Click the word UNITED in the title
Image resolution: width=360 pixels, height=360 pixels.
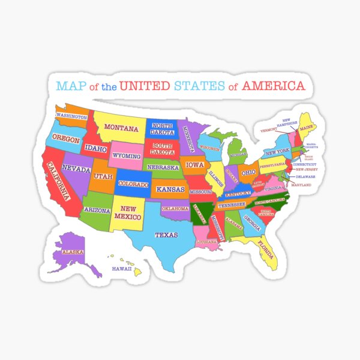tap(145, 86)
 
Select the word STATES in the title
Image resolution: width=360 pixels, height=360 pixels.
tap(199, 86)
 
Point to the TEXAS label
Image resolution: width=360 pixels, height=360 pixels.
tap(166, 235)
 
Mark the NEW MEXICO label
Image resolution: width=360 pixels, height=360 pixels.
tap(129, 212)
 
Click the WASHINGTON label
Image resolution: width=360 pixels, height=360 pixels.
tap(71, 116)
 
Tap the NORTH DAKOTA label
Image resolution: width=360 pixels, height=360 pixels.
tap(163, 128)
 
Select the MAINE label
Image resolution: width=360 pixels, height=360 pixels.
tap(307, 128)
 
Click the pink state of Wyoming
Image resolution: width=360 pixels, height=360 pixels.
tap(127, 156)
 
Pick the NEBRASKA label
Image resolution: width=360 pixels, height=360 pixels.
tap(163, 167)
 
